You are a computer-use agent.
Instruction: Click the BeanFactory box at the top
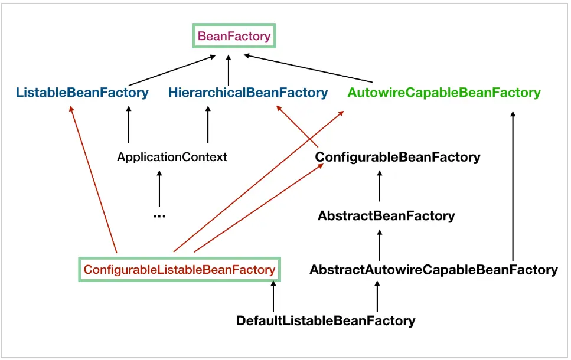coord(234,36)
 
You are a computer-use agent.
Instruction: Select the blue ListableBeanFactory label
coord(82,93)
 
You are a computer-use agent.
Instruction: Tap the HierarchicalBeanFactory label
coord(247,93)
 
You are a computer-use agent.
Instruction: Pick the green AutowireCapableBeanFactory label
coord(443,93)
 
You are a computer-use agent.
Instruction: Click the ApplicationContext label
coord(172,158)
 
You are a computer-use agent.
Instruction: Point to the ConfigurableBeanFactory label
coord(397,158)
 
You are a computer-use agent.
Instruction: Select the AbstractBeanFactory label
coord(386,216)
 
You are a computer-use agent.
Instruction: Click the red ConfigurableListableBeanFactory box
coord(180,270)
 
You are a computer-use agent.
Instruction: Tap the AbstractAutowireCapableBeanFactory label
coord(433,270)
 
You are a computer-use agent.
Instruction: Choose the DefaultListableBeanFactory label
coord(325,321)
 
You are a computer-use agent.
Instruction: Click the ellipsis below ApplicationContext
coord(159,216)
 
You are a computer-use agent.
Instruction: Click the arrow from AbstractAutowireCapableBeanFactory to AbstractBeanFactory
coord(380,244)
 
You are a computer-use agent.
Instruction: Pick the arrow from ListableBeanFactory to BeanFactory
coord(171,70)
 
